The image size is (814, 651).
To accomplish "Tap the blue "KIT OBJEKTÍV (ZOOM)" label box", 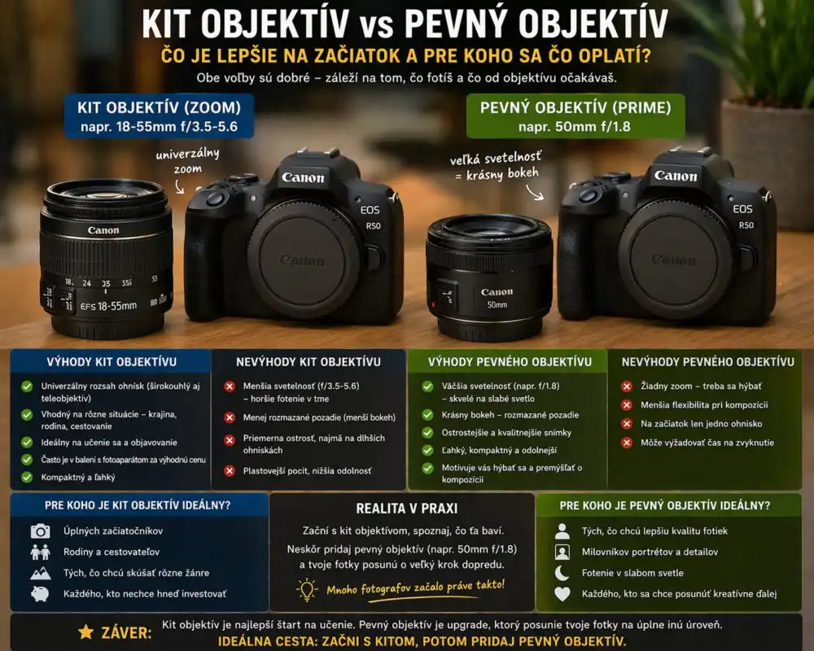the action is point(159,116).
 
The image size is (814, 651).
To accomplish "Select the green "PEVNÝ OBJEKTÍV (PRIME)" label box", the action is point(575,116).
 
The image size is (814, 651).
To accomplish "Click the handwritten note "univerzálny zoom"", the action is point(188,161).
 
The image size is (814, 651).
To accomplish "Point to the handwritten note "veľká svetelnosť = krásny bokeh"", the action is point(495,166).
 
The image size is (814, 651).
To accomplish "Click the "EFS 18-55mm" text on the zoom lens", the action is point(108,306).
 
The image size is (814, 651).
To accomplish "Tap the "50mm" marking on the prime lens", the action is point(497,304).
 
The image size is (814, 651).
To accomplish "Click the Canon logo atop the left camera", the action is point(303,177).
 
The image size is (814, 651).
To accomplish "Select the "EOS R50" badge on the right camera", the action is point(743,216).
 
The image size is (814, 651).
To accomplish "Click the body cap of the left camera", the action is point(303,259).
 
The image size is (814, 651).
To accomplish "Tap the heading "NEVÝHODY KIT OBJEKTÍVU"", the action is point(309,362).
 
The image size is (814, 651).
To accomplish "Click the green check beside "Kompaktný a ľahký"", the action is point(27,477).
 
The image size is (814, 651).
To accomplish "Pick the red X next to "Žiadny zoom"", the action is point(627,387).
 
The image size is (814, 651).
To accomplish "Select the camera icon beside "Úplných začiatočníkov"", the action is point(41,531).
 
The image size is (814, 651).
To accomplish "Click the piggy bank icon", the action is point(40,593).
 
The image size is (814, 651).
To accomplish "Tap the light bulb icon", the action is point(307,590).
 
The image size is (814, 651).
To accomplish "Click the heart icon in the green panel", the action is point(562,594).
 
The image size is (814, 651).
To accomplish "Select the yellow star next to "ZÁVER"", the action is point(86,631).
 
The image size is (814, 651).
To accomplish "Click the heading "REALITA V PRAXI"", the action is point(407,509).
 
